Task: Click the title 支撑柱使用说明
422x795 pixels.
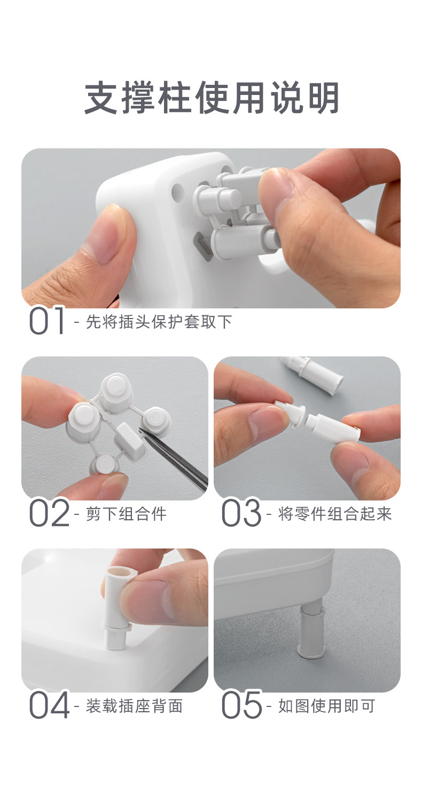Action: (x=212, y=98)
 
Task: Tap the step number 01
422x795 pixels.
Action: (x=46, y=321)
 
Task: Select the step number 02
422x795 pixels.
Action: (x=49, y=513)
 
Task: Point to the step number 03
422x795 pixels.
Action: (x=241, y=513)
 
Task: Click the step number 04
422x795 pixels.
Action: (x=49, y=705)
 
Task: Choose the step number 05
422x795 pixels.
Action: (x=241, y=705)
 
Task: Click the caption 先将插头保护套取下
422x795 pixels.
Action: (x=159, y=322)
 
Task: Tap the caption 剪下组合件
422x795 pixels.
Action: (x=126, y=514)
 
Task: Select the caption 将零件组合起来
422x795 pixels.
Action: (x=335, y=514)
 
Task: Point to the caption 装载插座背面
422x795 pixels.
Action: (x=134, y=706)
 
